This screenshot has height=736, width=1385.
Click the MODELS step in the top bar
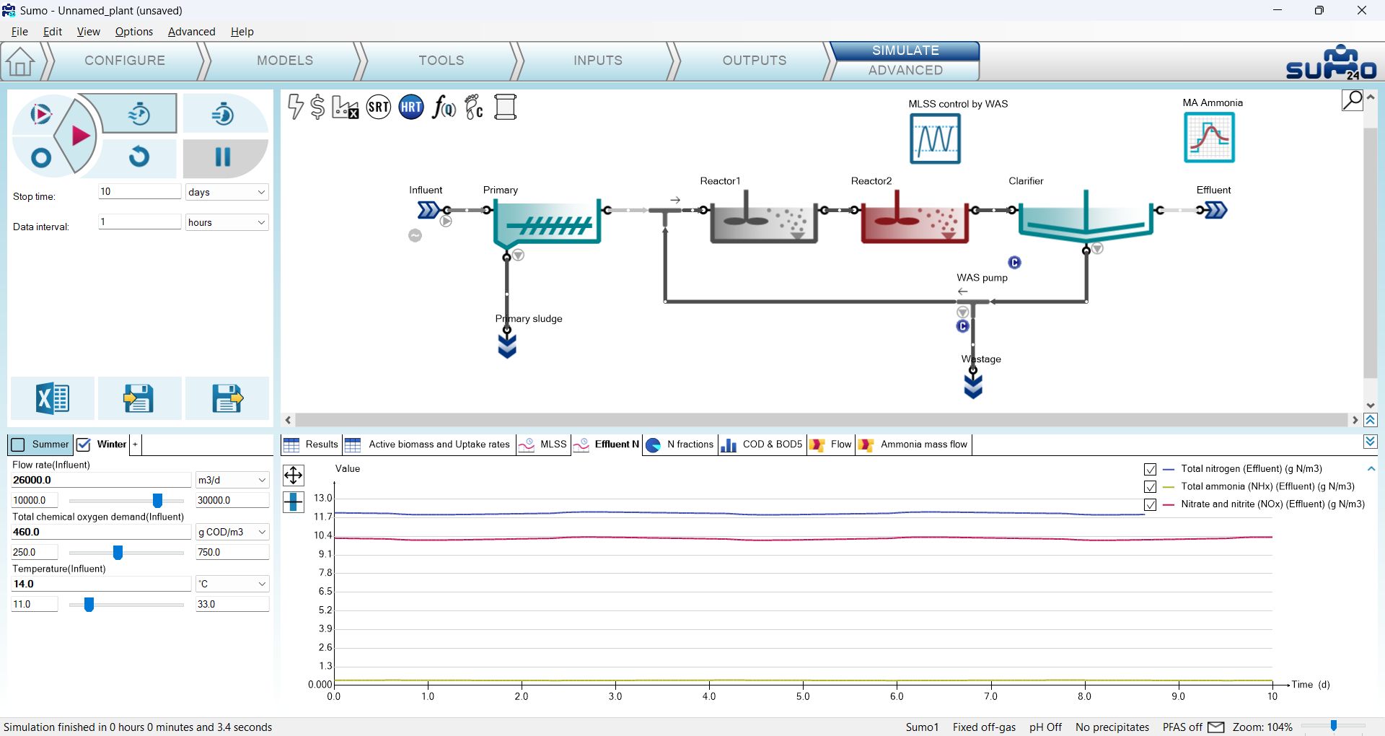(285, 61)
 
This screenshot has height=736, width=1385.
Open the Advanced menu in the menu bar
(191, 32)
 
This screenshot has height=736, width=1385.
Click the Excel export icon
(53, 398)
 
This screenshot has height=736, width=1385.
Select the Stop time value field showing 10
(139, 191)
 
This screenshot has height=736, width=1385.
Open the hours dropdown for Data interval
(227, 222)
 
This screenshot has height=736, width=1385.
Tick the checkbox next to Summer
(19, 444)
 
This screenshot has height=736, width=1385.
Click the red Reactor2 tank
(914, 219)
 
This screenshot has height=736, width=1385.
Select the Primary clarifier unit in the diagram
(547, 222)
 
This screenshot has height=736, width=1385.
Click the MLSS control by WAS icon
(935, 139)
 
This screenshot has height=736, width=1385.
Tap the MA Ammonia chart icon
(1209, 138)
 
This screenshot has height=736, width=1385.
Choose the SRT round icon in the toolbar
(379, 108)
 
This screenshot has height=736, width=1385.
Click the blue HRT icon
(411, 108)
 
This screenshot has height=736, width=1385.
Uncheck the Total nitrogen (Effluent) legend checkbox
(1150, 469)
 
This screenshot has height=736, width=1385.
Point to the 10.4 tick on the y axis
(322, 535)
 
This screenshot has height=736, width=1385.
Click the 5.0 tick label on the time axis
(803, 696)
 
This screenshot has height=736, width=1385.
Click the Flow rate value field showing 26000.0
(101, 480)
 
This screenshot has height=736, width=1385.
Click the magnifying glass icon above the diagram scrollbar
(1352, 100)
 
